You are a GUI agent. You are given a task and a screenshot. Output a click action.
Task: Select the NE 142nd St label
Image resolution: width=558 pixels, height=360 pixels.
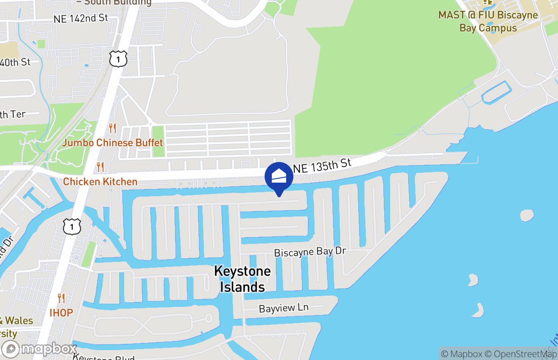[x=81, y=18]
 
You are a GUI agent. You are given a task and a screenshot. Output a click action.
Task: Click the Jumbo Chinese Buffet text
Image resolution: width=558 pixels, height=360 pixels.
[x=112, y=143]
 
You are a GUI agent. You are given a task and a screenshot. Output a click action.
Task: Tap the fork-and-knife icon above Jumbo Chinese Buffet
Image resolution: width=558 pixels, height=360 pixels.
[x=112, y=129]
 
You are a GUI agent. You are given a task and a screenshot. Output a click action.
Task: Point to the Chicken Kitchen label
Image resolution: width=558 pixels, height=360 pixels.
[x=100, y=182]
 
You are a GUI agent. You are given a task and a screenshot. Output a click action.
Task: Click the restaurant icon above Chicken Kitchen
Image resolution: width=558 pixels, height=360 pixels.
[x=100, y=167]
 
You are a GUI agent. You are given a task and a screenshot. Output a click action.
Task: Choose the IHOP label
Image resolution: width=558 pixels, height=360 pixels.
[x=61, y=312]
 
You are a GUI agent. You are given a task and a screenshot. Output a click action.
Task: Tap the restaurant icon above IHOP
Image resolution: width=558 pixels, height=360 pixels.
[x=61, y=298]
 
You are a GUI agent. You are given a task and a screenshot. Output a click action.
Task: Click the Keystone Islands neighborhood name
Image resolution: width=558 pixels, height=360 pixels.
[x=242, y=279]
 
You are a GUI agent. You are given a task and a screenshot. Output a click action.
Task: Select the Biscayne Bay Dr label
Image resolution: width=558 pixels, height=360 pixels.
[x=310, y=252]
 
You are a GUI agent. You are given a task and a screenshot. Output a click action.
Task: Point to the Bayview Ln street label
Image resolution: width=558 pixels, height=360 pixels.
[x=283, y=308]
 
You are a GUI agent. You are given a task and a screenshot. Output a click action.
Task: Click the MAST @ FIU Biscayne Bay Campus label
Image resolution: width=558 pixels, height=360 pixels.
[x=488, y=21]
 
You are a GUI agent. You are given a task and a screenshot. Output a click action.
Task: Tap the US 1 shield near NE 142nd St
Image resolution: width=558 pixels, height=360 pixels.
[x=118, y=59]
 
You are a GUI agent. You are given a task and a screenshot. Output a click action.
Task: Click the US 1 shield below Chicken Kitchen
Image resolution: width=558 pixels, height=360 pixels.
[x=72, y=226]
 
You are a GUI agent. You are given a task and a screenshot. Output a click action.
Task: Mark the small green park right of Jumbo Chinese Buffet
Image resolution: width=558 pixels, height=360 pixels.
[x=158, y=141]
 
